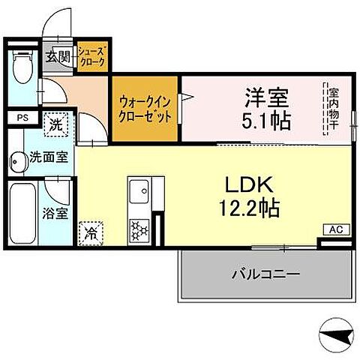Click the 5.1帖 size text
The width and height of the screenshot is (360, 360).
tap(267, 120)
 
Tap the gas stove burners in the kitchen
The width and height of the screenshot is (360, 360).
tap(139, 226)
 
